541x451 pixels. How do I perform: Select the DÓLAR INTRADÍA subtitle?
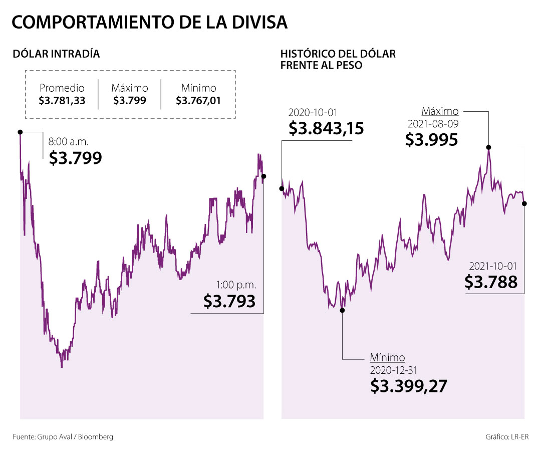(x=56, y=54)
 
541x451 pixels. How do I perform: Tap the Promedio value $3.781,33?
(x=62, y=100)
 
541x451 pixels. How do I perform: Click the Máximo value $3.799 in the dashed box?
(x=130, y=100)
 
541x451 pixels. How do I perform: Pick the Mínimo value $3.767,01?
(x=198, y=100)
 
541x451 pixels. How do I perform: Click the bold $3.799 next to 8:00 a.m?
(x=75, y=158)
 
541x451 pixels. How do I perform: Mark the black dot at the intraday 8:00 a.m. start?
(x=20, y=132)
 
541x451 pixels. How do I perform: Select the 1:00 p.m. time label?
(x=236, y=285)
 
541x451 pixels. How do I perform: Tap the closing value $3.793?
(x=229, y=301)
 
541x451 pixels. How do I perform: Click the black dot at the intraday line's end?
(x=264, y=176)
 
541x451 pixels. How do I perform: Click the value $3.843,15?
(x=326, y=128)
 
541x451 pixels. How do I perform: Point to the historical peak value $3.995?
(x=431, y=140)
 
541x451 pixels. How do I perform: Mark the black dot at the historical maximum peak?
(x=488, y=147)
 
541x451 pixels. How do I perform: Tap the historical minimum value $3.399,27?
(x=409, y=386)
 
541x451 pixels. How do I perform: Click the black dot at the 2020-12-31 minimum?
(x=343, y=310)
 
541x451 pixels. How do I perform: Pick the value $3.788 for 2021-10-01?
(x=491, y=282)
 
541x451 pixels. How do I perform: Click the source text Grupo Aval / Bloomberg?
(x=75, y=436)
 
